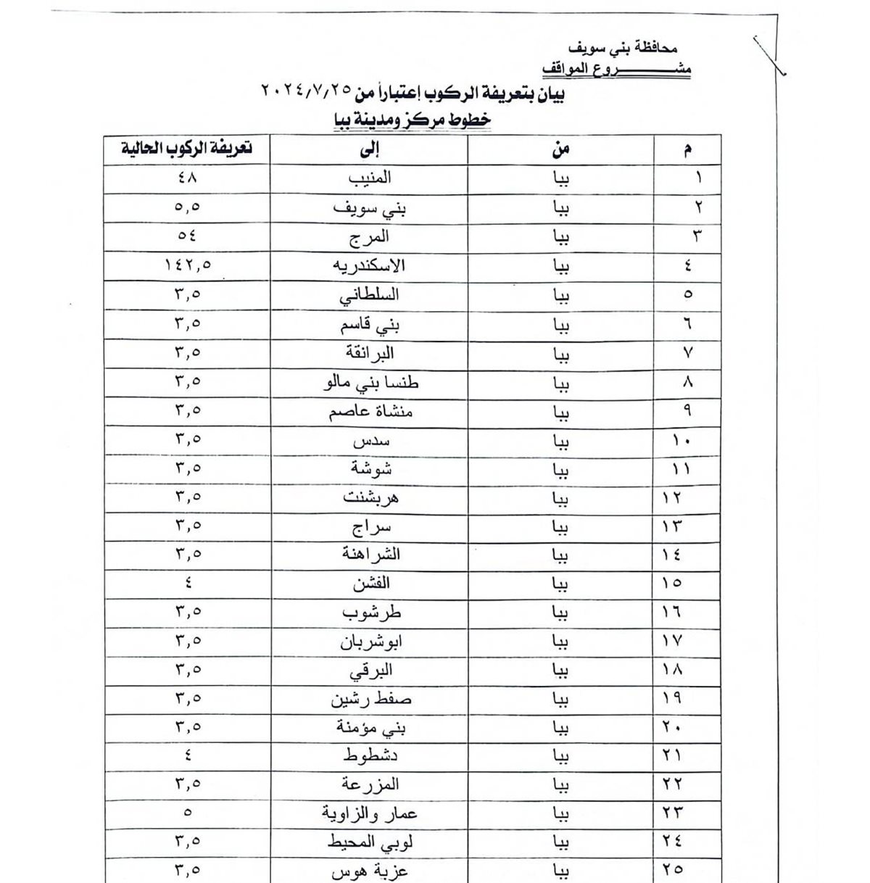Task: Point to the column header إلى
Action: click(370, 149)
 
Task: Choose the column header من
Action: click(560, 149)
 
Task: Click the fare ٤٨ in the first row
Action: click(187, 178)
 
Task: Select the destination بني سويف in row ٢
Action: click(370, 207)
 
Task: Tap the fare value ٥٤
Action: click(187, 236)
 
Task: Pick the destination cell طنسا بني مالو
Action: click(370, 382)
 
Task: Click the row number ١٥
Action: click(672, 584)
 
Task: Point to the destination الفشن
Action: click(370, 584)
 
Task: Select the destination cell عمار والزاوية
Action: click(370, 813)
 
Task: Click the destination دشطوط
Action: click(370, 755)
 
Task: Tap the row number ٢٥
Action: click(672, 869)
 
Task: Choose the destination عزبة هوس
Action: click(370, 870)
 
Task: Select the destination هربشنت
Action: click(370, 497)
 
